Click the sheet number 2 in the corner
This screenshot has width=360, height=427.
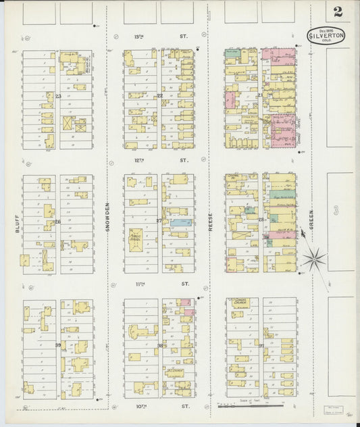pos(336,12)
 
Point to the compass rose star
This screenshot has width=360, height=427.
pos(314,257)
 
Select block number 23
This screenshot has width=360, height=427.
pos(58,96)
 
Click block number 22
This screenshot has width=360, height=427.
pos(159,95)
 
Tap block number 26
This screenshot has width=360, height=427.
pos(58,222)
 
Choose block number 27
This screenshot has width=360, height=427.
pos(159,220)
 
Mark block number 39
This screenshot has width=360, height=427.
pos(58,345)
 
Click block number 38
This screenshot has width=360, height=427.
pos(160,345)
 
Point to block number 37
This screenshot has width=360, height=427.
pos(261,345)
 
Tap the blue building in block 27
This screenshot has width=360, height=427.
pos(180,222)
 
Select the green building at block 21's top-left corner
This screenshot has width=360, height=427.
pos(232,52)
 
